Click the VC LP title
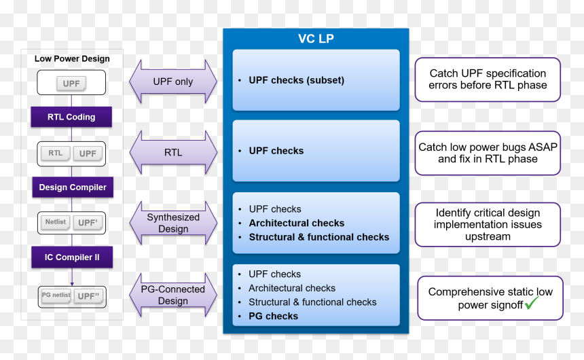316,39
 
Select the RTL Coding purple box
71,117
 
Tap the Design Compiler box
73,187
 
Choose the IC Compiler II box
72,257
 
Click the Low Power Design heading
72,58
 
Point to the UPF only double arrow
173,82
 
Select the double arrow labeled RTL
173,152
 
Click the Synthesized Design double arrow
173,223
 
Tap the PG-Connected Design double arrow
173,295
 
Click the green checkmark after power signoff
532,303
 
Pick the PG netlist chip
56,295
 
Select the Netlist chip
56,222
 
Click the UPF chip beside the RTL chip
88,154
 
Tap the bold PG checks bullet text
274,316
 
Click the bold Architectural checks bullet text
297,223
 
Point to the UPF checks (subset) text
297,80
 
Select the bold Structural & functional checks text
318,237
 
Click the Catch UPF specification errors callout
488,79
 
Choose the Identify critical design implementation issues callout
488,224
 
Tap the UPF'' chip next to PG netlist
89,296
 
